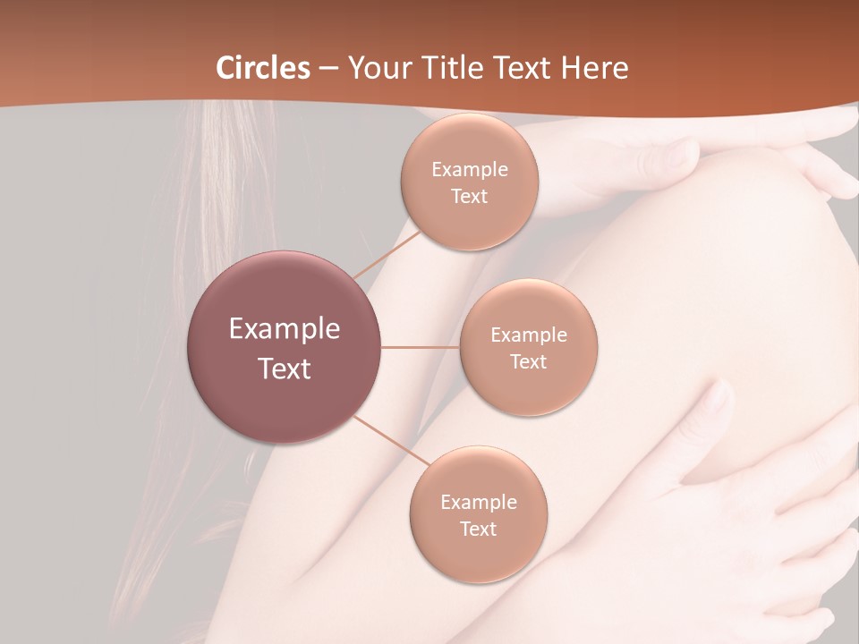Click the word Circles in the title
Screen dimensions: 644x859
[263, 68]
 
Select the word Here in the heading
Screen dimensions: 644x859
[594, 68]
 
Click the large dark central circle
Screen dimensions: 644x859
[285, 347]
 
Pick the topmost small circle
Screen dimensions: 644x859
[469, 182]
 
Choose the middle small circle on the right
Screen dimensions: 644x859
[529, 347]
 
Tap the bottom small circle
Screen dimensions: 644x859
[479, 515]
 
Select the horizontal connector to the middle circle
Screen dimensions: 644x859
[421, 347]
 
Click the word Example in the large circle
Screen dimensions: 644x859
[285, 329]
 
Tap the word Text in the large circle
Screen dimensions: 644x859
[285, 369]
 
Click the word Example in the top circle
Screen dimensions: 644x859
[469, 170]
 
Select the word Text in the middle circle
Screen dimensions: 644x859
[529, 361]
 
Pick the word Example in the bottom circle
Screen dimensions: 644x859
[479, 503]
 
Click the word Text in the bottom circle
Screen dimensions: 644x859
[479, 529]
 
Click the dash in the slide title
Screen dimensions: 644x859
[328, 68]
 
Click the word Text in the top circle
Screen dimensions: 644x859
[469, 196]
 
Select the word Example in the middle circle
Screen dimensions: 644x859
[529, 335]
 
